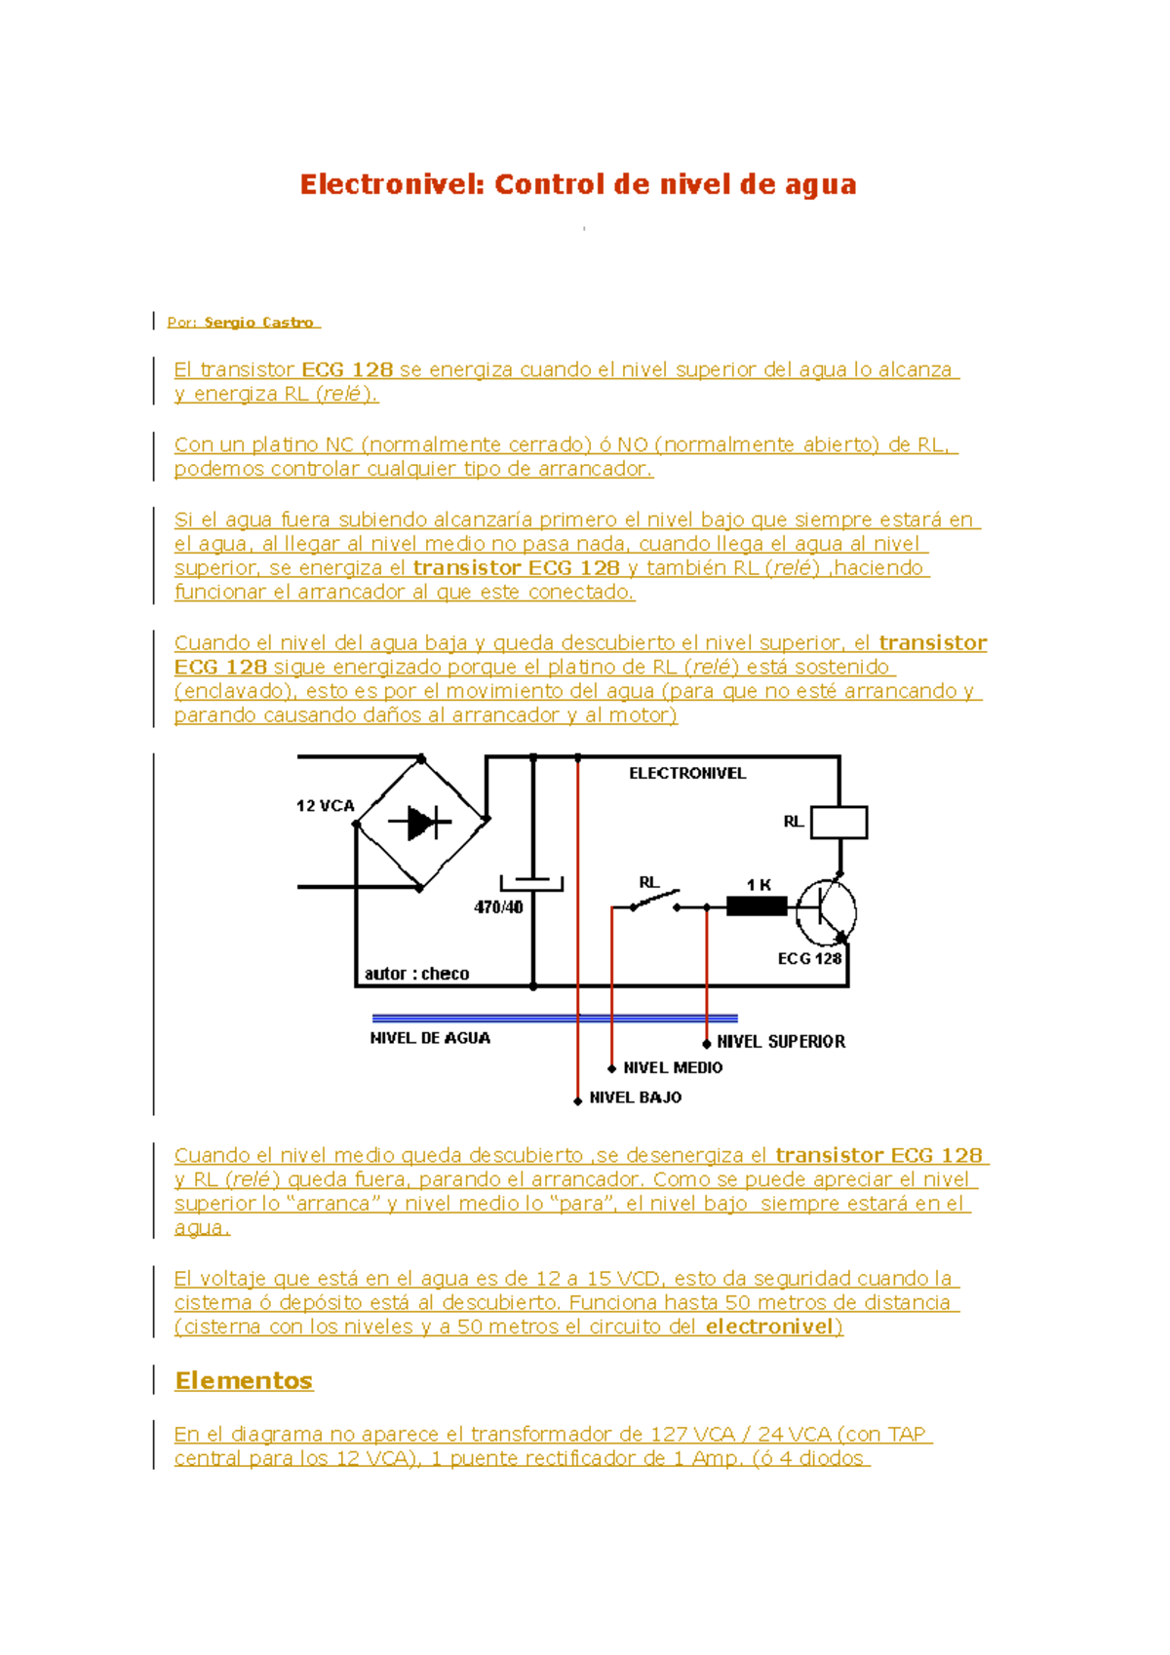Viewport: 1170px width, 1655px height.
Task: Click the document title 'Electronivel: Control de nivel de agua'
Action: (578, 184)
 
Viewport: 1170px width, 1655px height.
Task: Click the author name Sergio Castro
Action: (258, 323)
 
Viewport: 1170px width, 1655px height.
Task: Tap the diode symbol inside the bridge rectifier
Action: (422, 823)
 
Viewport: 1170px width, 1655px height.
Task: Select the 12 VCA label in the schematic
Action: (325, 806)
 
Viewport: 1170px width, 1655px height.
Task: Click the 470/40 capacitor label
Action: (498, 907)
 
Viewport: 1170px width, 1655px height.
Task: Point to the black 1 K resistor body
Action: (757, 907)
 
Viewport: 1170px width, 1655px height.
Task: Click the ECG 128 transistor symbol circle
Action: (826, 912)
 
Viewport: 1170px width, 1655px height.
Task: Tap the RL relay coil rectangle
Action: (839, 823)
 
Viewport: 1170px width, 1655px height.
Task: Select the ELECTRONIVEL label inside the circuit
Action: (687, 774)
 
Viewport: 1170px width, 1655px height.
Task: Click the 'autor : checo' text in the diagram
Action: (416, 974)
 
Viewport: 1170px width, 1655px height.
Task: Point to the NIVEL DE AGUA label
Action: (430, 1039)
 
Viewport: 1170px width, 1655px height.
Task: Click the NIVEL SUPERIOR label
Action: (781, 1042)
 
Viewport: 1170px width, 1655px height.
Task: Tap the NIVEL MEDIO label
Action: (673, 1068)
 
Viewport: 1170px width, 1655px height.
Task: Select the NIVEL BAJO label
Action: (636, 1097)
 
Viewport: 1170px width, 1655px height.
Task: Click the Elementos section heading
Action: (244, 1381)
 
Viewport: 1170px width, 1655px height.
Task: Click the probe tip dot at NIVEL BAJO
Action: (578, 1100)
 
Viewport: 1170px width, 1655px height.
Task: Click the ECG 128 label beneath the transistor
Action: (809, 959)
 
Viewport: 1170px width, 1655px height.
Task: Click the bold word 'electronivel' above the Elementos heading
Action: (770, 1327)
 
